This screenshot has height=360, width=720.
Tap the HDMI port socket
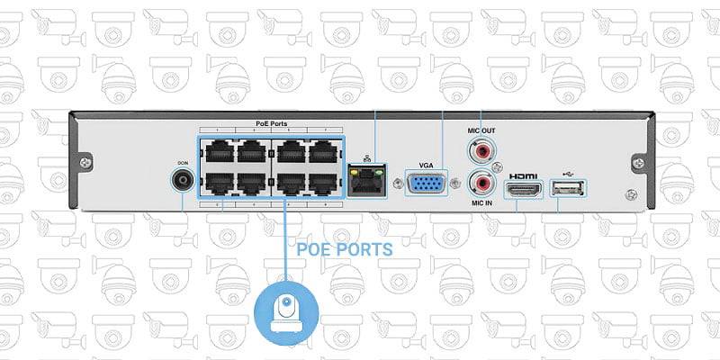point(523,189)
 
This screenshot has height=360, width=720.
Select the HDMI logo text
point(523,175)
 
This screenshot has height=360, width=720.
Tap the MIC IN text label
point(481,203)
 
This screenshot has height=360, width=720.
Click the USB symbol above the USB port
point(566,175)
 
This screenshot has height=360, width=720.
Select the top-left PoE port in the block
point(216,151)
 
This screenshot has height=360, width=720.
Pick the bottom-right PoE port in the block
point(323,183)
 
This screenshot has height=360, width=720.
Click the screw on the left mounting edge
point(85,163)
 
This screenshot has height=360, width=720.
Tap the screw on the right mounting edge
point(637,163)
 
